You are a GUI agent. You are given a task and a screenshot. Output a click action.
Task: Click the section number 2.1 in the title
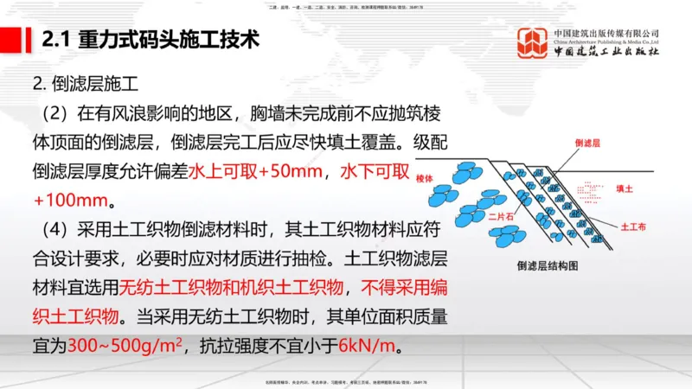[x=57, y=41]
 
